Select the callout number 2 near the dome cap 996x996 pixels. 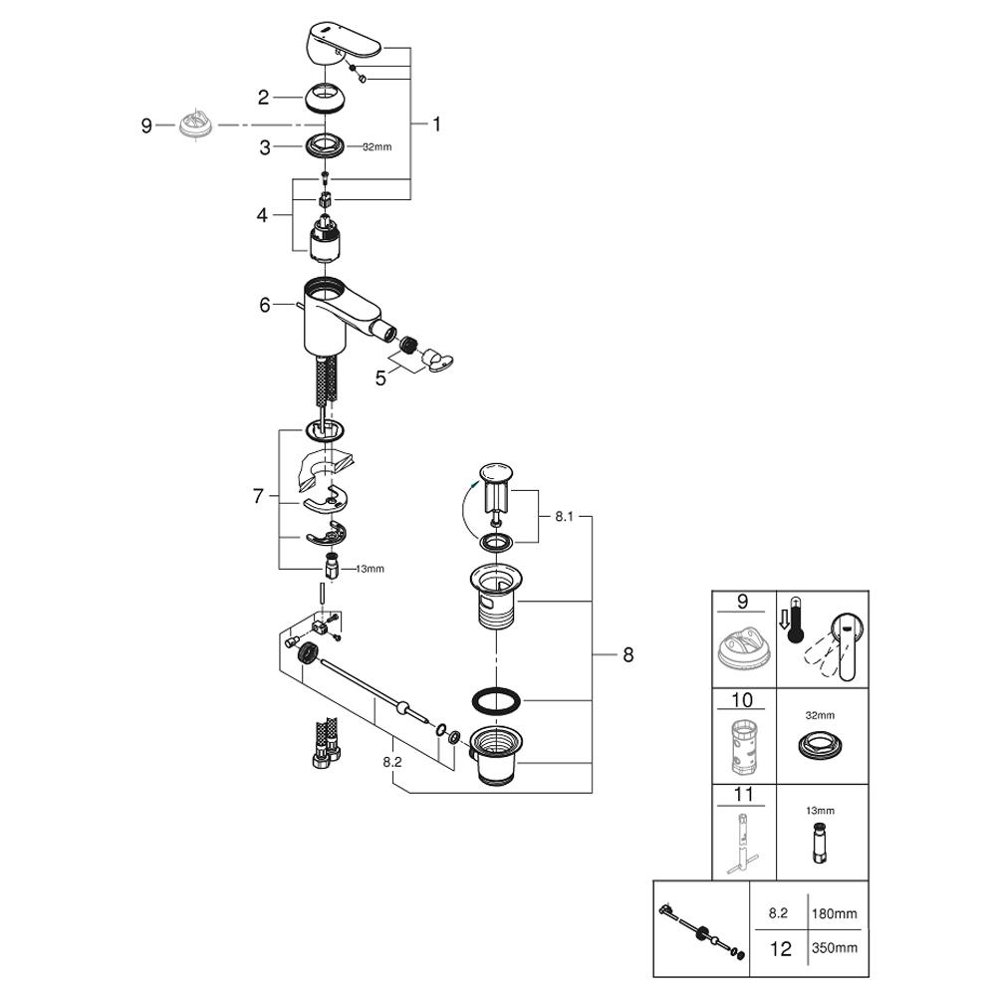click(x=264, y=97)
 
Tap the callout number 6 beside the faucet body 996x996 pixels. click(x=265, y=305)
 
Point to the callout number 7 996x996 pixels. click(x=258, y=495)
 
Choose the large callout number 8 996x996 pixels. click(x=627, y=654)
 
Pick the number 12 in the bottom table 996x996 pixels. click(x=781, y=948)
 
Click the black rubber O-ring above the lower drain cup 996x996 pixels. click(x=495, y=700)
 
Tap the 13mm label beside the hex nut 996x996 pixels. click(x=369, y=569)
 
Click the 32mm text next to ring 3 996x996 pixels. click(x=376, y=147)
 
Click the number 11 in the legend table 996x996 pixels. click(x=742, y=796)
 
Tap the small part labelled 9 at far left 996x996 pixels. click(x=196, y=125)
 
